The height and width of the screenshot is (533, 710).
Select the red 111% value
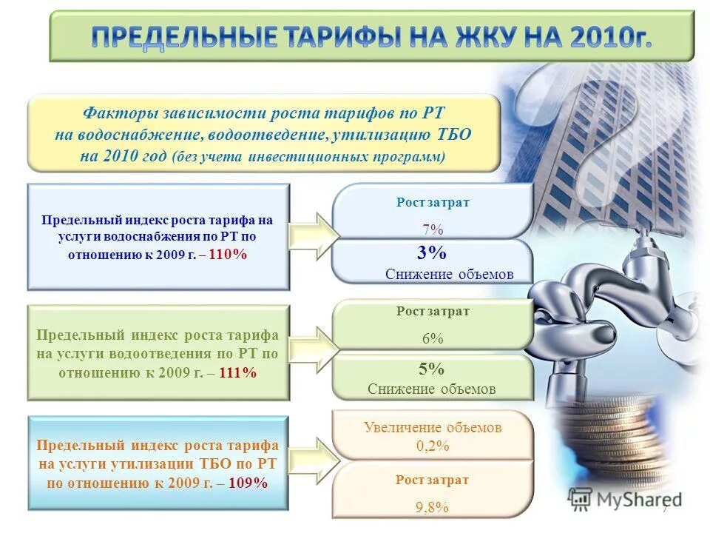[x=237, y=372]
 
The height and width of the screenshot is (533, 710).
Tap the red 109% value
[x=248, y=483]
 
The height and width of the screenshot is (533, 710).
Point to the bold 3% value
[x=432, y=253]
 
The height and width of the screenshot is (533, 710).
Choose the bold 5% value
[x=432, y=369]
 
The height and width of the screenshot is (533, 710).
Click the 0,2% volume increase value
[x=433, y=446]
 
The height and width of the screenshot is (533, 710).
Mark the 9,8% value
[x=433, y=506]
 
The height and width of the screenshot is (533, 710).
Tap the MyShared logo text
[x=638, y=499]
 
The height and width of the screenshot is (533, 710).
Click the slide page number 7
[x=665, y=508]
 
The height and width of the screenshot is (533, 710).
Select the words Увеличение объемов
[x=433, y=427]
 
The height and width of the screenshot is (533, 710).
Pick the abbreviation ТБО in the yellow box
[x=452, y=136]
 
